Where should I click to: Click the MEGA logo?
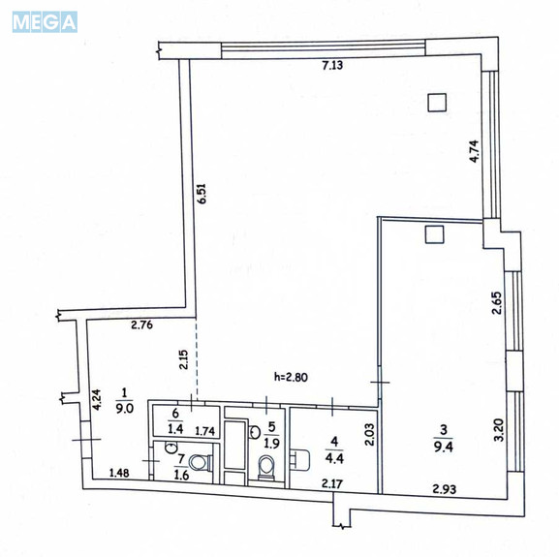pyautogui.click(x=45, y=22)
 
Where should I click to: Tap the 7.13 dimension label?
pyautogui.click(x=332, y=65)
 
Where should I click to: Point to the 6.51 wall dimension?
pyautogui.click(x=202, y=194)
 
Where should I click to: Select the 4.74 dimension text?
pyautogui.click(x=474, y=151)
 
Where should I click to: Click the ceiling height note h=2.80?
pyautogui.click(x=291, y=377)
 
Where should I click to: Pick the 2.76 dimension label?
pyautogui.click(x=141, y=325)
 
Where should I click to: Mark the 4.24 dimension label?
pyautogui.click(x=97, y=400)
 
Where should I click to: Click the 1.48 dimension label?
pyautogui.click(x=119, y=473)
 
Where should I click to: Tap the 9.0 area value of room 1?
pyautogui.click(x=124, y=408)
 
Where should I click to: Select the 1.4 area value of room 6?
pyautogui.click(x=175, y=429)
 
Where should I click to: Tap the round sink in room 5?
pyautogui.click(x=254, y=432)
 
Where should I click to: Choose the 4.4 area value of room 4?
pyautogui.click(x=334, y=457)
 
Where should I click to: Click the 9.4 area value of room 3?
pyautogui.click(x=444, y=446)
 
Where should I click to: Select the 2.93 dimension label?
pyautogui.click(x=445, y=489)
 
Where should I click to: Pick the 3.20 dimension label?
pyautogui.click(x=499, y=430)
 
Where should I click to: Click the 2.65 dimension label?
pyautogui.click(x=497, y=303)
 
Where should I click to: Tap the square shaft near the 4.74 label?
pyautogui.click(x=438, y=103)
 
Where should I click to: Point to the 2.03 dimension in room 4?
pyautogui.click(x=369, y=434)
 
